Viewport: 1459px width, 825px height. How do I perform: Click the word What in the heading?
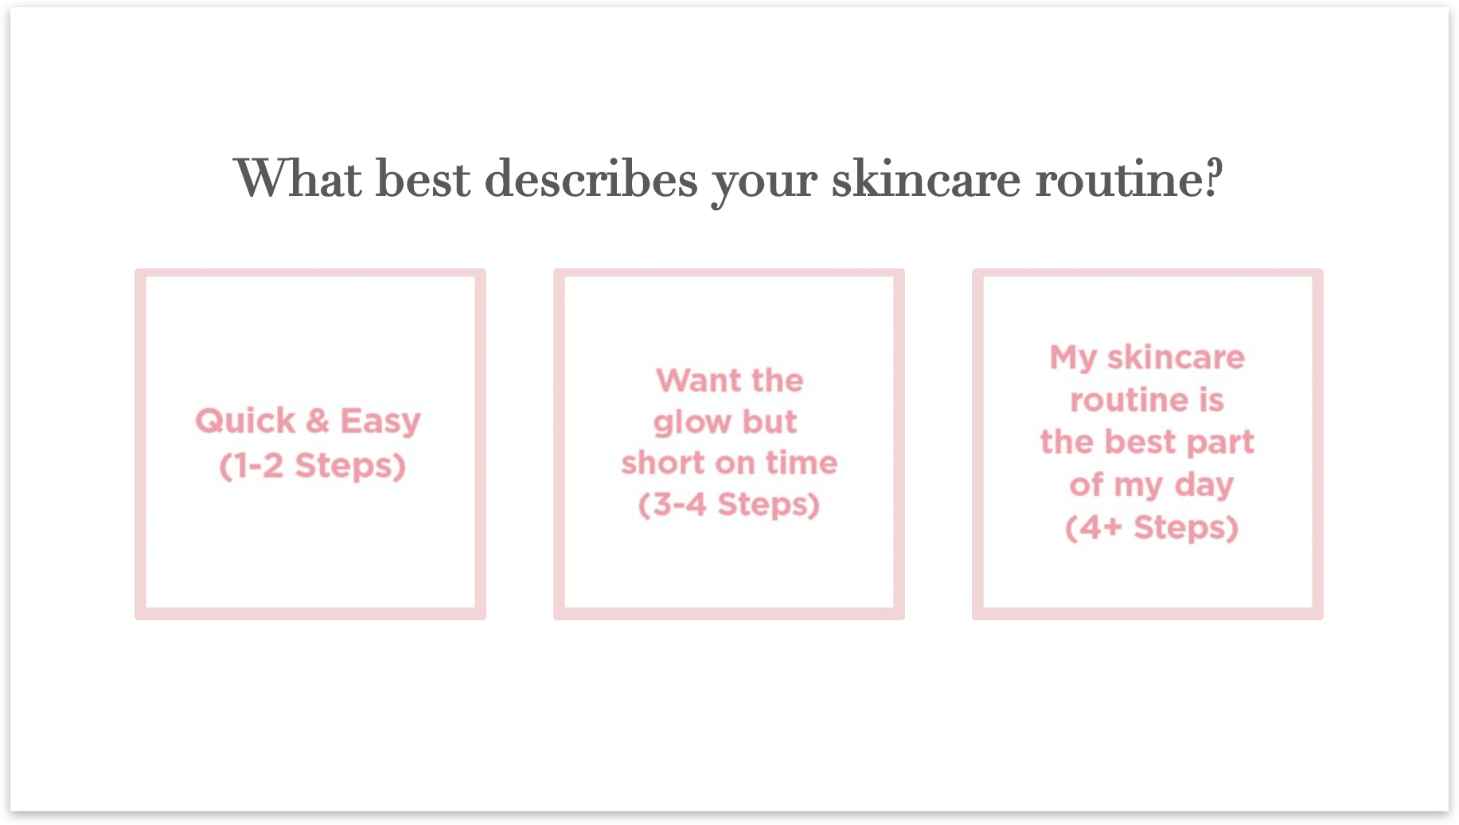[298, 178]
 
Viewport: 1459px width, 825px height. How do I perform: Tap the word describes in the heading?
[591, 178]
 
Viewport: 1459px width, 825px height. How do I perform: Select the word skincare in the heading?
[926, 178]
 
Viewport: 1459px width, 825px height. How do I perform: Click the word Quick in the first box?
[245, 420]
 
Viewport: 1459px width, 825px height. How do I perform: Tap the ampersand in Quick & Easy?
[318, 420]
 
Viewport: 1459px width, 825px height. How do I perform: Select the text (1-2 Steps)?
[312, 466]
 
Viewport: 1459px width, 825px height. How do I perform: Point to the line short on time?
[729, 463]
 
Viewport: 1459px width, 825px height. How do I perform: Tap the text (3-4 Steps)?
[729, 505]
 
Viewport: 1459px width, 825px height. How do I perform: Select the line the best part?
[1147, 443]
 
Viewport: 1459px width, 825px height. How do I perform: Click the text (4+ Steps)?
[1152, 528]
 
